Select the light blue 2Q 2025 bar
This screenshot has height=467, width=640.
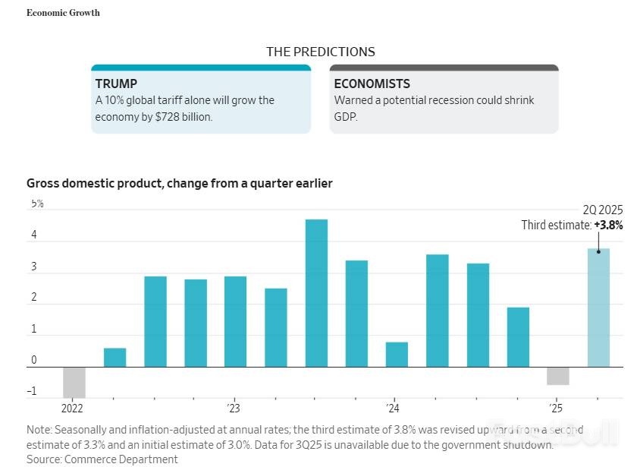coord(598,308)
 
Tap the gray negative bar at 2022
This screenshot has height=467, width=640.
coord(74,382)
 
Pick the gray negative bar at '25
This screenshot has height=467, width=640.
coord(558,376)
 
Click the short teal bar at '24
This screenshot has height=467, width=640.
coord(397,355)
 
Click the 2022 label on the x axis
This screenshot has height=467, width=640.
coord(72,409)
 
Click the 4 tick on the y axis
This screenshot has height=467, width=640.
coord(33,235)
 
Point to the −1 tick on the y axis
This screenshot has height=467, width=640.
coord(32,392)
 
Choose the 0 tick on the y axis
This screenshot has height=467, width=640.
coord(33,361)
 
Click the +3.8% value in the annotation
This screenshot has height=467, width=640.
coord(608,225)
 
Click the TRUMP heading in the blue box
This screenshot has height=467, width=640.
coord(116,84)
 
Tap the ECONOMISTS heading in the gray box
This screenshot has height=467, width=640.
coord(372,84)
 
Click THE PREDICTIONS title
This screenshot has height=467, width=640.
coord(320,52)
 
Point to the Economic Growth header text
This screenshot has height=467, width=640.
coord(63,13)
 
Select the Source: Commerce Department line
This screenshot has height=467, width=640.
coord(102,459)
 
